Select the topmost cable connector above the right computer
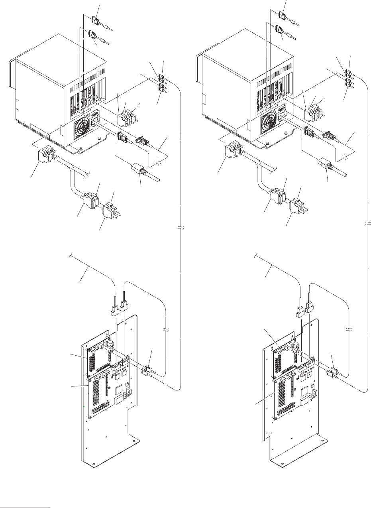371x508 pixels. pos(282,16)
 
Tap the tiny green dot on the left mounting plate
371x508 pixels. pos(84,406)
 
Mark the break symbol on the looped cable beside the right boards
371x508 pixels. pos(349,331)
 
